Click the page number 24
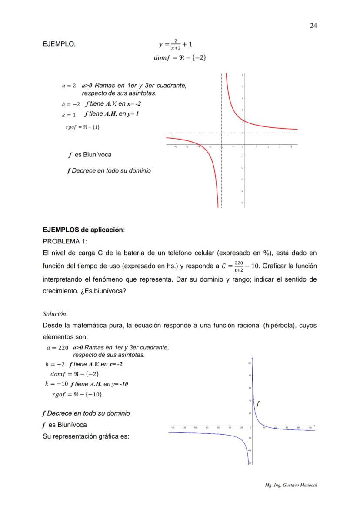click(x=313, y=26)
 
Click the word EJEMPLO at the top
click(x=59, y=44)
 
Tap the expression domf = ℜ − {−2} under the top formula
click(x=177, y=58)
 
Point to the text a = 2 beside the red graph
click(x=69, y=86)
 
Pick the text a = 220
click(x=57, y=348)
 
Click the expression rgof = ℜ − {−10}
click(x=77, y=394)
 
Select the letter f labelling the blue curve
click(x=258, y=404)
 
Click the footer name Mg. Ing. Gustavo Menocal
click(x=291, y=485)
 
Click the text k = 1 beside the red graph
click(x=69, y=115)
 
